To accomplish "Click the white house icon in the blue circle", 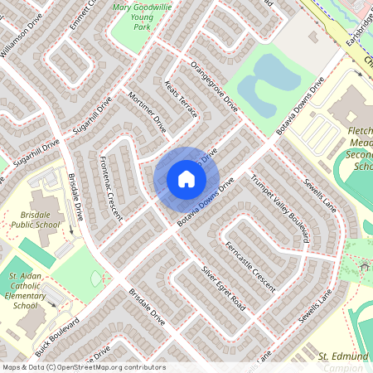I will pos(186,178).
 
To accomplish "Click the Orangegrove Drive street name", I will pos(214,86).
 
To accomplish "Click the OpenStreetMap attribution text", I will pos(83,367).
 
